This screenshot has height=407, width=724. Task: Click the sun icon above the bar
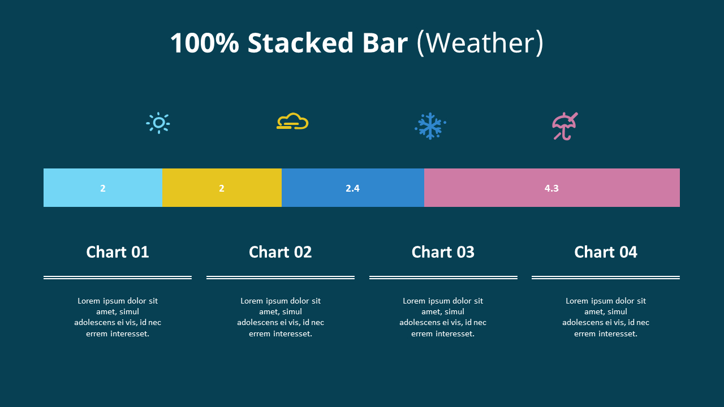tap(158, 123)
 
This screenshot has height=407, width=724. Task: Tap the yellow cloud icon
tap(292, 122)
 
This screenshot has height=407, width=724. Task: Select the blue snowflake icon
tap(430, 126)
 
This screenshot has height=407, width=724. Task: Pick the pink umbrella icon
tap(564, 126)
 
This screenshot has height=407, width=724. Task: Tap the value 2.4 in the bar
tap(352, 188)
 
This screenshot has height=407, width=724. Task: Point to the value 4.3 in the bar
tap(551, 188)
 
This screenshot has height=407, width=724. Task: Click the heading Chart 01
tap(118, 252)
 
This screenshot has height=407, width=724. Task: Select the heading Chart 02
tap(281, 252)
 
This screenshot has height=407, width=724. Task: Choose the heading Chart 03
tap(443, 252)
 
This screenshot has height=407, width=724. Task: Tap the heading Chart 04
tap(606, 252)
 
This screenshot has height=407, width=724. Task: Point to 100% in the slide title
tap(204, 44)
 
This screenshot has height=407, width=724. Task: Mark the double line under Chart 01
tap(118, 278)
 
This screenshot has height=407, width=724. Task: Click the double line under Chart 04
tap(606, 278)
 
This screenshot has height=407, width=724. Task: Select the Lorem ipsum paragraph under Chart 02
tap(281, 317)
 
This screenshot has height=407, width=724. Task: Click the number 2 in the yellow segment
tap(222, 188)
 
